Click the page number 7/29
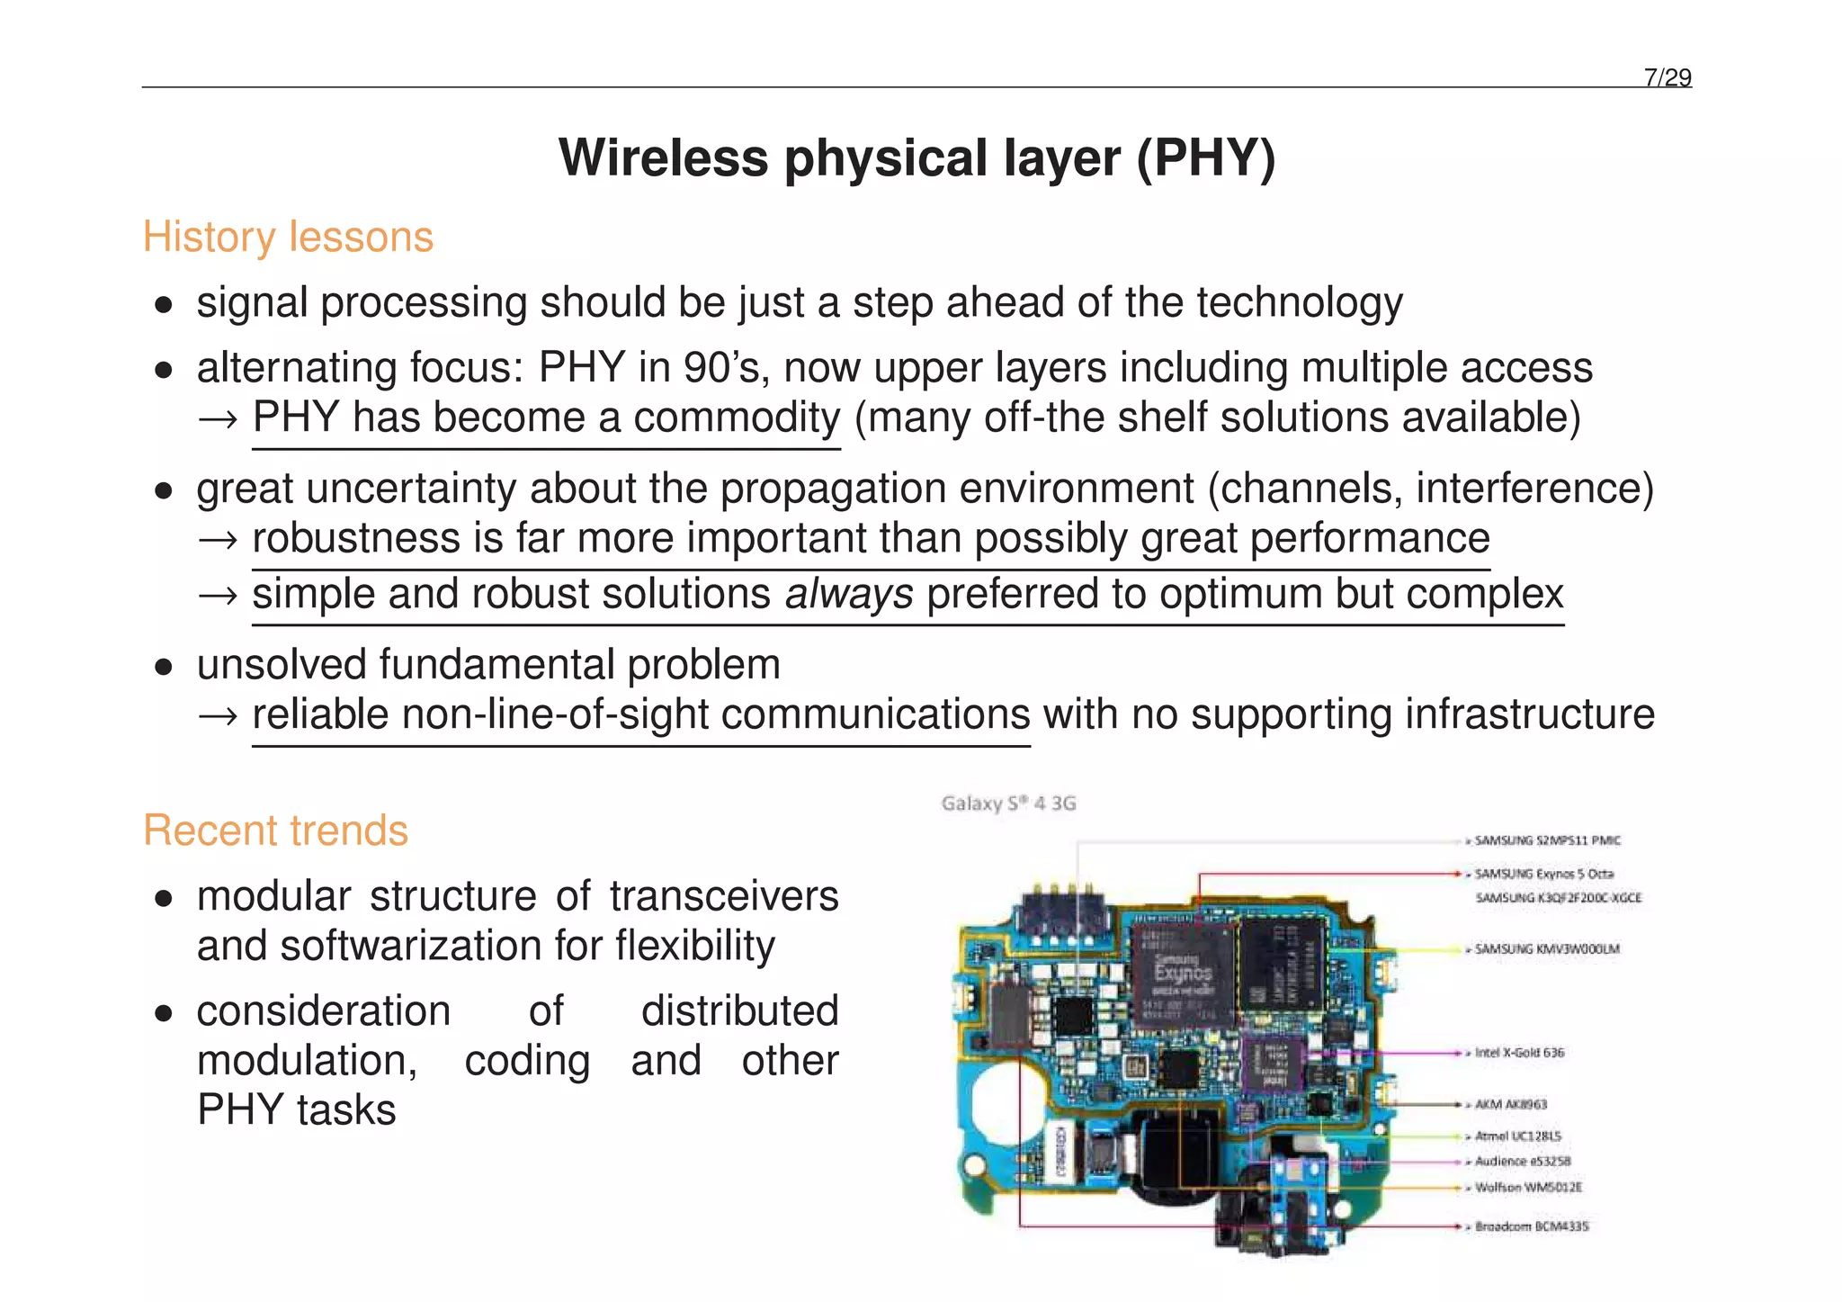[1667, 77]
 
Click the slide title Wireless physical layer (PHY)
[917, 158]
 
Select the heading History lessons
[288, 238]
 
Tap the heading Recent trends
[275, 831]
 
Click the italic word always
[849, 594]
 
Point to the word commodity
[737, 418]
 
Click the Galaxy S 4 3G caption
[1008, 804]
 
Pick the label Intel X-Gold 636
[1519, 1053]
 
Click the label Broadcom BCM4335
[1531, 1226]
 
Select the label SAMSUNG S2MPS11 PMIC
[1547, 840]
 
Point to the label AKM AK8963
[1510, 1104]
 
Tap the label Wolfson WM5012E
[1527, 1188]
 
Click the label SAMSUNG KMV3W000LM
[1546, 949]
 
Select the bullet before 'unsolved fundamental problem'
[163, 667]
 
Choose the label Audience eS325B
[1522, 1162]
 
